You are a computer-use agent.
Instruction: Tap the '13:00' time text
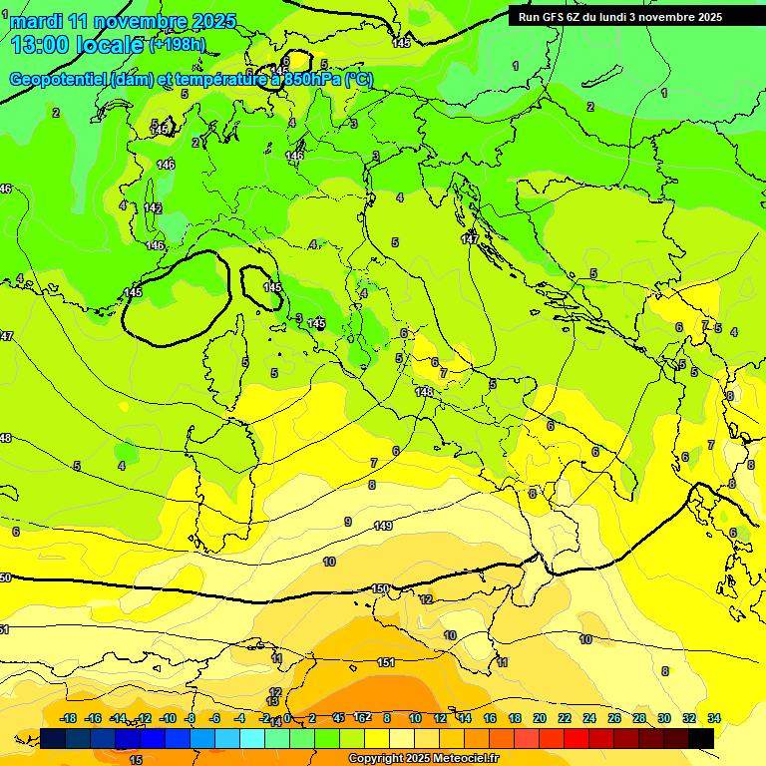pos(40,45)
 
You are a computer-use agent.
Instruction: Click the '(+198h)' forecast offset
pos(178,45)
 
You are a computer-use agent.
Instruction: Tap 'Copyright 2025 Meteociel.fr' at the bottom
pos(424,759)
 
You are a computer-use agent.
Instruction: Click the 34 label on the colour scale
pos(714,718)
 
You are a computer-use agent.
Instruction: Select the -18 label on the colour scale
pos(69,718)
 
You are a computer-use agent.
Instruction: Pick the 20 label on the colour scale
pos(540,718)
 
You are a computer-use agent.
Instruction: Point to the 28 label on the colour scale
pos(639,718)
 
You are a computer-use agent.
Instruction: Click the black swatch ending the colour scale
pos(701,738)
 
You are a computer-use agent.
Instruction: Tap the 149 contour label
pos(383,526)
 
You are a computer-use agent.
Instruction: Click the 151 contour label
pos(386,662)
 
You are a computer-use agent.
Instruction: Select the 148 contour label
pos(425,392)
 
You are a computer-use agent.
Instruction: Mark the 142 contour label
pos(153,208)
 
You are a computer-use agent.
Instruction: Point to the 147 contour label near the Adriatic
pos(470,239)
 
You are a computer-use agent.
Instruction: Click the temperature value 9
pos(348,522)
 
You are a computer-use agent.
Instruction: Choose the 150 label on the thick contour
pos(380,589)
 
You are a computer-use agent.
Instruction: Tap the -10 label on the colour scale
pos(169,718)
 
